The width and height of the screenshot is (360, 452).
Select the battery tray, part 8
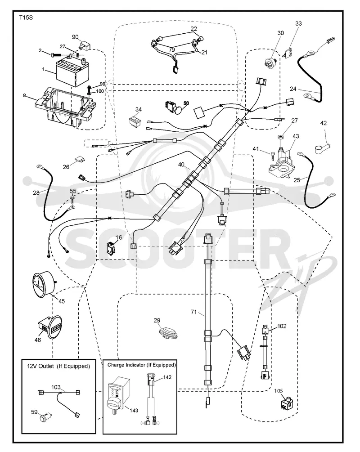click(66, 107)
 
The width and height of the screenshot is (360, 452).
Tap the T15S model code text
click(26, 18)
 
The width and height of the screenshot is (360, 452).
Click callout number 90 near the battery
click(75, 37)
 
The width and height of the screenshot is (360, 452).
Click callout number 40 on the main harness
click(181, 165)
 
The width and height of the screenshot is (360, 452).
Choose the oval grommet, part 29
click(169, 332)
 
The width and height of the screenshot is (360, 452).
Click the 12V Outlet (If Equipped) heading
click(58, 366)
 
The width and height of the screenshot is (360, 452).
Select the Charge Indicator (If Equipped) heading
click(141, 365)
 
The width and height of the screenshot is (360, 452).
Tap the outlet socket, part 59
click(45, 417)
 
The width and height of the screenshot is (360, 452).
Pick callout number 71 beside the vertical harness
click(193, 312)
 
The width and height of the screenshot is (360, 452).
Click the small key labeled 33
click(288, 53)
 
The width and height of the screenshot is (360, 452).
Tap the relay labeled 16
click(111, 247)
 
